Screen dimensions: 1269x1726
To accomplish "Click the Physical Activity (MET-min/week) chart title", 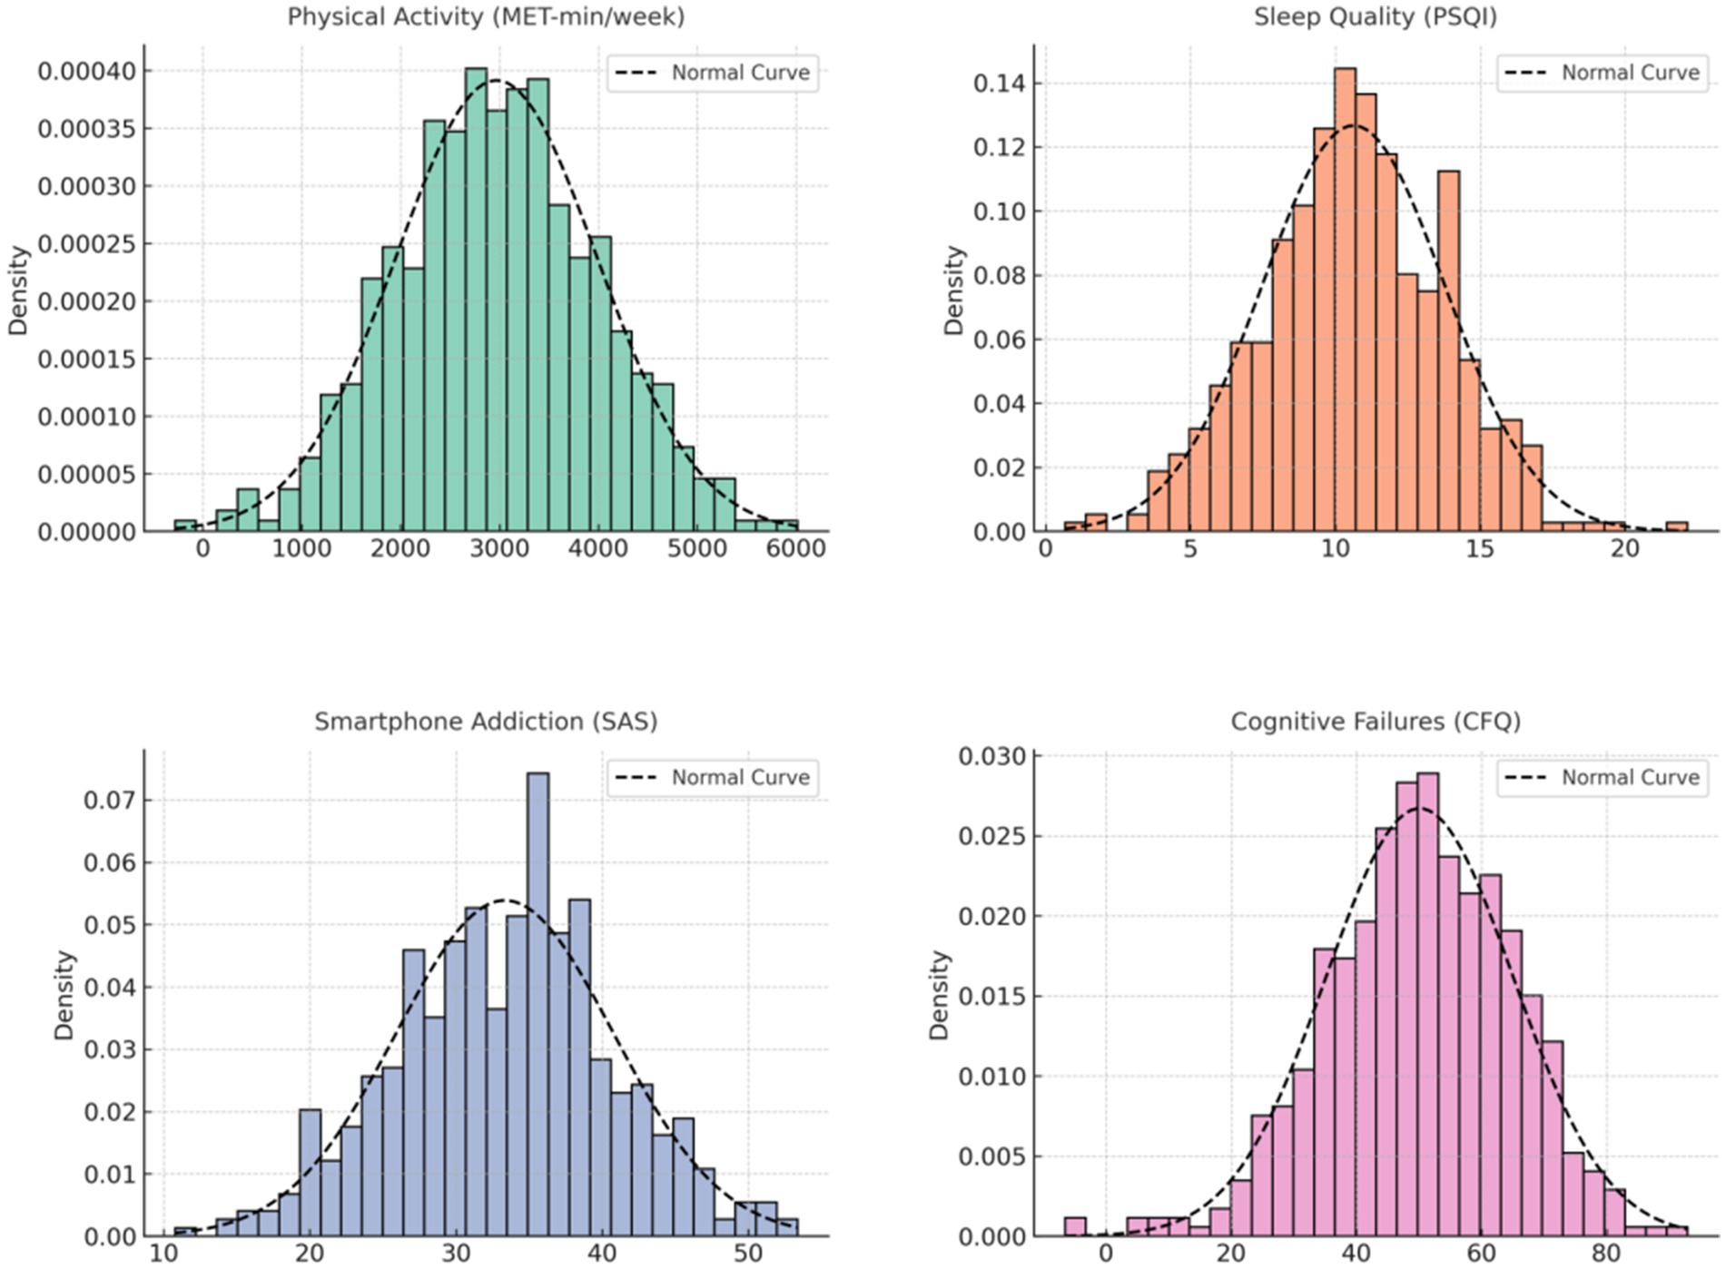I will pyautogui.click(x=486, y=16).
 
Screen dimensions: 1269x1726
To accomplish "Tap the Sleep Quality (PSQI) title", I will pyautogui.click(x=1375, y=16).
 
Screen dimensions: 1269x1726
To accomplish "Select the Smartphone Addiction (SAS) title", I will pyautogui.click(x=486, y=722).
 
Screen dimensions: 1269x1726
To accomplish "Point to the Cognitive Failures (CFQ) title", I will pyautogui.click(x=1375, y=722).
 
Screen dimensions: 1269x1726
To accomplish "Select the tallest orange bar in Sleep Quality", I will pyautogui.click(x=1345, y=300).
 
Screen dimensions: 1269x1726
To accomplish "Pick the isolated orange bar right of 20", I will pyautogui.click(x=1677, y=526).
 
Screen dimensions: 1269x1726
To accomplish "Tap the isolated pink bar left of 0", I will pyautogui.click(x=1075, y=1226).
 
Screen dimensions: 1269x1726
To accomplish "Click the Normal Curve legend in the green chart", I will pyautogui.click(x=713, y=73).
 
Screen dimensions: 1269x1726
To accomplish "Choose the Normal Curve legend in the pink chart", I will pyautogui.click(x=1603, y=778).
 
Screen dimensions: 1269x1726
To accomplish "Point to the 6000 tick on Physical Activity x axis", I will pyautogui.click(x=795, y=549).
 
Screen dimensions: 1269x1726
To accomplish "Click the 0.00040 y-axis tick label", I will pyautogui.click(x=86, y=71).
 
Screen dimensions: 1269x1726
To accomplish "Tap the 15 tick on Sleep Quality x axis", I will pyautogui.click(x=1480, y=549).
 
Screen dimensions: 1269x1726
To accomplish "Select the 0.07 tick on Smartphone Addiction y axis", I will pyautogui.click(x=108, y=801).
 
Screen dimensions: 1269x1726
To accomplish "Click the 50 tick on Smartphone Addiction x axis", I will pyautogui.click(x=748, y=1254).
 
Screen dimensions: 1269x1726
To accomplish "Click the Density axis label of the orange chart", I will pyautogui.click(x=953, y=290).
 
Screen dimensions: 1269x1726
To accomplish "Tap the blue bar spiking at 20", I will pyautogui.click(x=310, y=1172).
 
